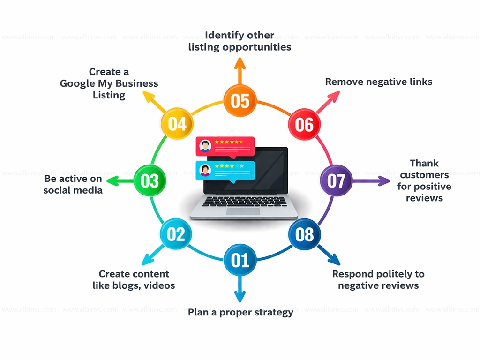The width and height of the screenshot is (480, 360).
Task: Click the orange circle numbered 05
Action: point(240,100)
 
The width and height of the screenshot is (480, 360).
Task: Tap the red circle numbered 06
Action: point(304,124)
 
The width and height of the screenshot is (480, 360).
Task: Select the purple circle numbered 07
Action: point(336,180)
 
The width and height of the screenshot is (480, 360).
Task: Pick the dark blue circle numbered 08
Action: point(304,234)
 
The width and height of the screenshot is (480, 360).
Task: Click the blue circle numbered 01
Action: point(240,260)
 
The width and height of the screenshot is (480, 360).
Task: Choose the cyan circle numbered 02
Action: point(176,234)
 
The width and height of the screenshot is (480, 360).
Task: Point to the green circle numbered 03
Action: point(150,180)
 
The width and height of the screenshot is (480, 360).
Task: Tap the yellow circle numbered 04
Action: point(177,124)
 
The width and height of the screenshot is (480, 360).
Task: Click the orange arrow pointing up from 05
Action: point(240,70)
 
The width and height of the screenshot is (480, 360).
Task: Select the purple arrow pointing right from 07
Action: point(373,180)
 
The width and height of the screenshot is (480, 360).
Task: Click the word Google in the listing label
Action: point(77,84)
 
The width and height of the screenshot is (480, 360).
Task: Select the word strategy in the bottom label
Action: point(271,312)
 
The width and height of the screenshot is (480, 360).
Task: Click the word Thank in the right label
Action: point(424,164)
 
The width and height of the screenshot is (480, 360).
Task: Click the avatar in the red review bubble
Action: point(205,146)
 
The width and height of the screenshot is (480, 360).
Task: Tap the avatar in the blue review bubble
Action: point(205,170)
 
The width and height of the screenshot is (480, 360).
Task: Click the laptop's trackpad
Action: point(243,211)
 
